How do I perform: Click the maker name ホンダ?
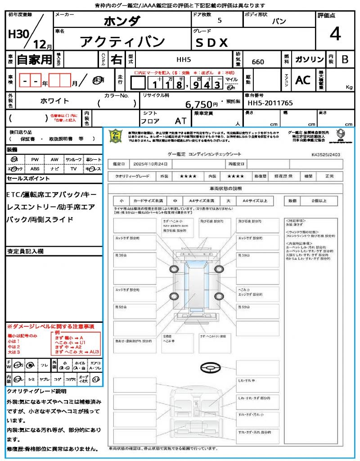tap(122, 21)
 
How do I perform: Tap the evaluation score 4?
tap(335, 34)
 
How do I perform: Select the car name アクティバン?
tap(122, 42)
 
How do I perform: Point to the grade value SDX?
tap(211, 43)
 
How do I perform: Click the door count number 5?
tap(219, 21)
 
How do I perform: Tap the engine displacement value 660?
tap(258, 62)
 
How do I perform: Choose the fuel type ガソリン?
tap(309, 59)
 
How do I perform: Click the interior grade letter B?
tap(345, 59)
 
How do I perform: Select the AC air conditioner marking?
tap(303, 80)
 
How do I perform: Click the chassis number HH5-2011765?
tap(270, 103)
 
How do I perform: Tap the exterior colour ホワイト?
tap(55, 101)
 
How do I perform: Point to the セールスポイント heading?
tap(28, 179)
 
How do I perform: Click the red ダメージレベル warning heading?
tap(50, 326)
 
